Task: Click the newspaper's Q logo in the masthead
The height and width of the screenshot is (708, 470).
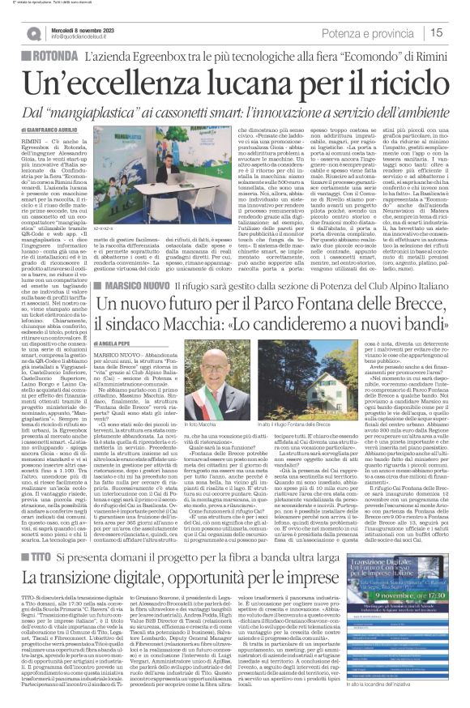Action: click(x=33, y=33)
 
